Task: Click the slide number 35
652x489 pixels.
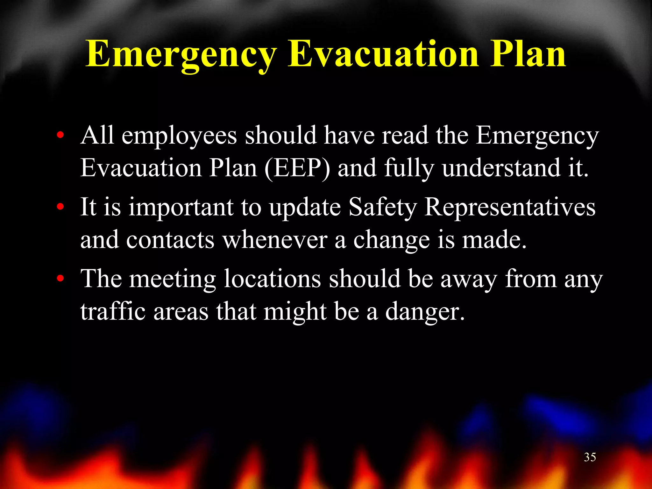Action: pos(590,457)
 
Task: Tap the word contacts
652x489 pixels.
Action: pos(170,240)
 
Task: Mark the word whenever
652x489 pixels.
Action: pos(275,240)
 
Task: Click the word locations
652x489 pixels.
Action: pos(272,279)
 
